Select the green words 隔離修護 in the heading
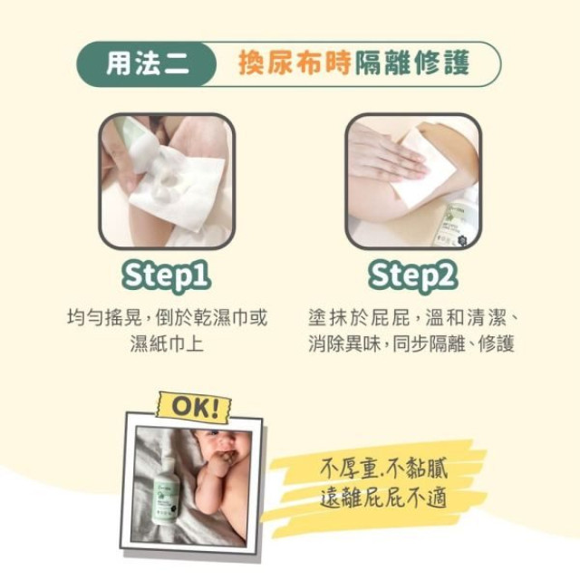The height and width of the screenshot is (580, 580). (x=419, y=63)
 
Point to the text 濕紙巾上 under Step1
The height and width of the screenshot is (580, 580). (x=167, y=343)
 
